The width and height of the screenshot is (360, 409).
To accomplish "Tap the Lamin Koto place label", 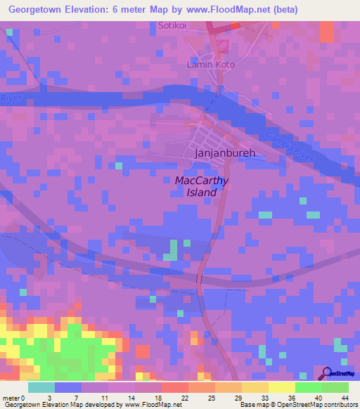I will [x=210, y=64].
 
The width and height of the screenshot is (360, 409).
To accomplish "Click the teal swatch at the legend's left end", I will [x=41, y=387].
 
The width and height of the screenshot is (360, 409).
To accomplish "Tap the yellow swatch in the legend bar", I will [x=281, y=387].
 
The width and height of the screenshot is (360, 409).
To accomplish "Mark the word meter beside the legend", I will [x=12, y=398].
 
